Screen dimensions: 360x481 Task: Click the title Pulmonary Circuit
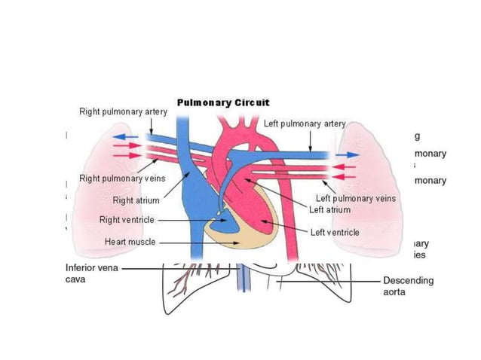[x=222, y=102]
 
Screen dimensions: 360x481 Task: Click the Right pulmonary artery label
[x=123, y=111]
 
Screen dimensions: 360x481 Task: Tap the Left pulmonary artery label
[x=305, y=124]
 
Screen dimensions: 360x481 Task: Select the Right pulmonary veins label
[x=122, y=178]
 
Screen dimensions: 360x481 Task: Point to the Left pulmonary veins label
[x=355, y=199]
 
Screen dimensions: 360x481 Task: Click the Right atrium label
[x=136, y=201]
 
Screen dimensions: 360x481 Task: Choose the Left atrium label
[x=329, y=209]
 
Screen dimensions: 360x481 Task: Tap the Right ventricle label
[x=127, y=220]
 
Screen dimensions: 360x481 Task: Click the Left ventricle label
[x=335, y=233]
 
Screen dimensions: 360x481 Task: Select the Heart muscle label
[x=130, y=243]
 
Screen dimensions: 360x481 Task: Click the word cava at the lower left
[x=76, y=279]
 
